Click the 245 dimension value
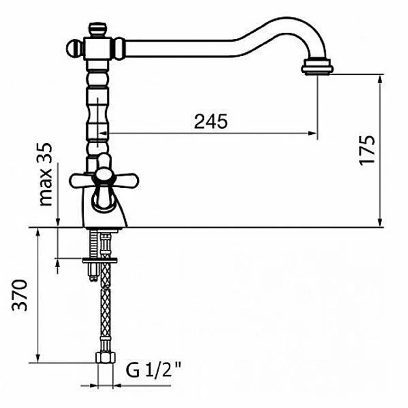pyautogui.click(x=211, y=121)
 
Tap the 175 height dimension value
pyautogui.click(x=367, y=150)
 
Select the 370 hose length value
pyautogui.click(x=20, y=295)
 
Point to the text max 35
pyautogui.click(x=46, y=174)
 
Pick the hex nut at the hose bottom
pyautogui.click(x=105, y=357)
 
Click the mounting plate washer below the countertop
pyautogui.click(x=100, y=260)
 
